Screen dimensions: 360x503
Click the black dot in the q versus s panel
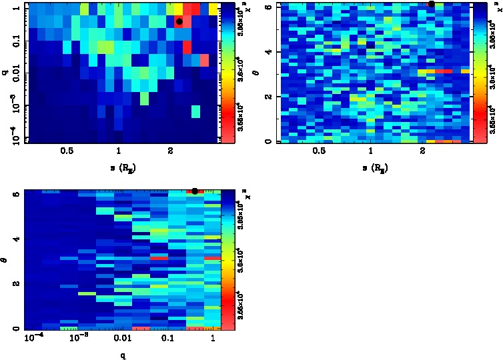179,21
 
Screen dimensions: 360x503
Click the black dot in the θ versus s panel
432,4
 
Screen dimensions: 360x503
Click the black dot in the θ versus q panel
194,191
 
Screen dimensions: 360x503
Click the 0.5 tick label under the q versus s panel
66,152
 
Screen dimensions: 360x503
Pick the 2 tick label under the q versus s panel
170,152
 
